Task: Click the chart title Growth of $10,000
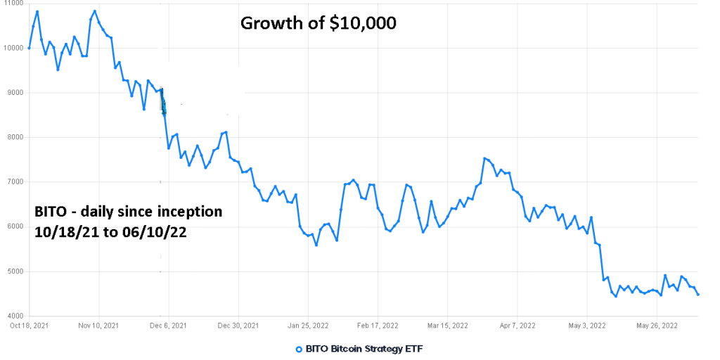pos(319,23)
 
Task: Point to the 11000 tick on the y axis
pos(13,4)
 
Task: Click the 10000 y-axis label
pos(13,48)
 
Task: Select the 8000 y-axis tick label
pos(13,137)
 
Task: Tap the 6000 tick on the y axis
pos(13,226)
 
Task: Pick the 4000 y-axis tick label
pos(13,316)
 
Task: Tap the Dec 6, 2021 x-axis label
pos(169,326)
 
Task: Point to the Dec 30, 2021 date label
pos(238,326)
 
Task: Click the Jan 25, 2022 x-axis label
pos(308,326)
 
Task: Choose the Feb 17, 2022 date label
pos(378,326)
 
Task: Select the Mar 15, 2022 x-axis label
pos(447,326)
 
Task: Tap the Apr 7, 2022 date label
pos(517,326)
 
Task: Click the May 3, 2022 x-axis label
pos(586,326)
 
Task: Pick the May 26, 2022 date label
pos(657,326)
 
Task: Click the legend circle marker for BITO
pos(299,349)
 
